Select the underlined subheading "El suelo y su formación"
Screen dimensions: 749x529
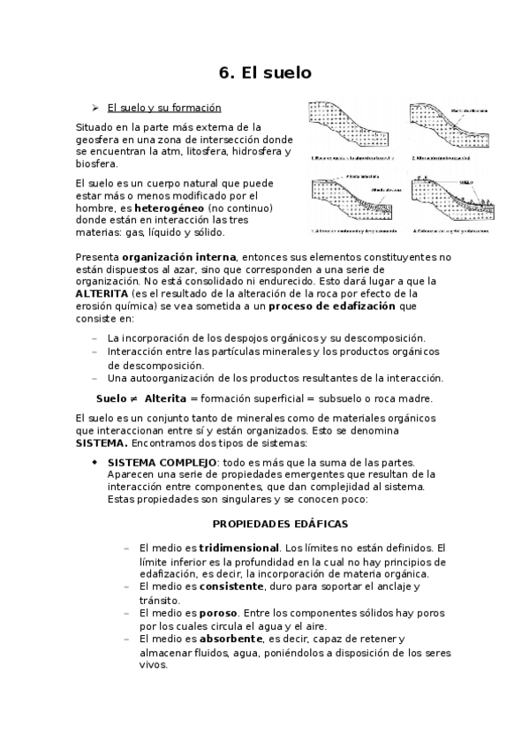tap(163, 109)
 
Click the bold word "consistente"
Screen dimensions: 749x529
tap(231, 586)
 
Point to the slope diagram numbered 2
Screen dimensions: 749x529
tap(446, 130)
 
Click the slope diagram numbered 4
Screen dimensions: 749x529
tap(446, 203)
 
